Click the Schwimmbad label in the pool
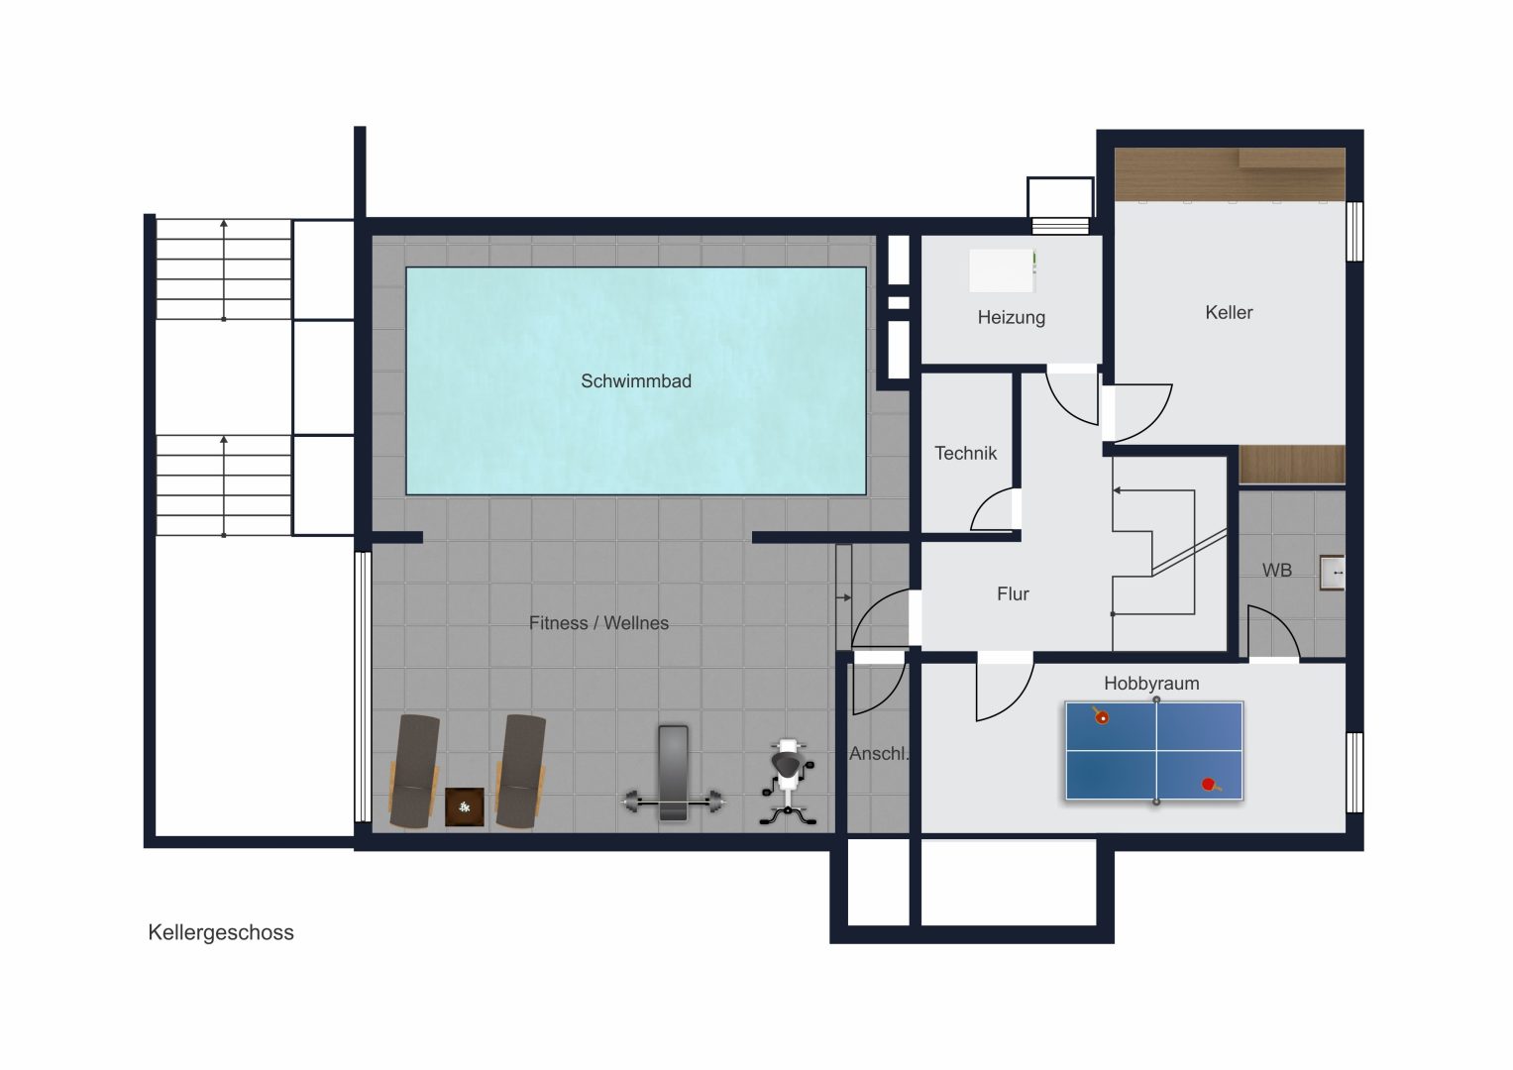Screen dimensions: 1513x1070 (x=635, y=381)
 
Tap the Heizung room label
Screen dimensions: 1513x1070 (x=1011, y=317)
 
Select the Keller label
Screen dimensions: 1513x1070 (x=1229, y=312)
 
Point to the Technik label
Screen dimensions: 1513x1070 (x=965, y=453)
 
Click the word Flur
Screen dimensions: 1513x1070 (x=1013, y=593)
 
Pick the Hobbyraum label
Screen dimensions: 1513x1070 (x=1151, y=684)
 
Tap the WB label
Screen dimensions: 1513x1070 (x=1276, y=570)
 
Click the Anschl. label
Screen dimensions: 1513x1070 (x=879, y=754)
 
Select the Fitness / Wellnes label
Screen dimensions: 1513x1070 (x=598, y=623)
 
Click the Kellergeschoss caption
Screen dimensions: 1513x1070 (x=221, y=932)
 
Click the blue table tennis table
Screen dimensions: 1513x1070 (x=1154, y=751)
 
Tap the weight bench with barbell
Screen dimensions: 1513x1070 (x=673, y=774)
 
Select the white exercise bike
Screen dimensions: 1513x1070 (x=789, y=783)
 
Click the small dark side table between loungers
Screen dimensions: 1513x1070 (x=464, y=806)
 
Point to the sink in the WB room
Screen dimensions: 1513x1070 (x=1332, y=573)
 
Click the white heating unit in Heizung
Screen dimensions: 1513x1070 (x=1003, y=270)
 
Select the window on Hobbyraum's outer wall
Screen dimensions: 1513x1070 (x=1354, y=772)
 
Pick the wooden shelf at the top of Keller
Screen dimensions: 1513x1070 (x=1230, y=174)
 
